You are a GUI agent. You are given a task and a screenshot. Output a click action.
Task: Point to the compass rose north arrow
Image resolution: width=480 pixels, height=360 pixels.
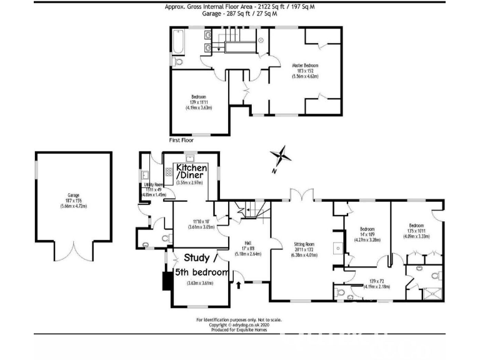click(282, 156)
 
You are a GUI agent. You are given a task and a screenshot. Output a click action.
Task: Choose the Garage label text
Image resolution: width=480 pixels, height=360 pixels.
click(73, 195)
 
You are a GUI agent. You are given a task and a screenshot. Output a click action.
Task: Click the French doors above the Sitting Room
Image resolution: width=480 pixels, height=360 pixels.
click(301, 196)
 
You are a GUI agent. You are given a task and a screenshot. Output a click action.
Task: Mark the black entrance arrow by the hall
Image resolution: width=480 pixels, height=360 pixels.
click(239, 285)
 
